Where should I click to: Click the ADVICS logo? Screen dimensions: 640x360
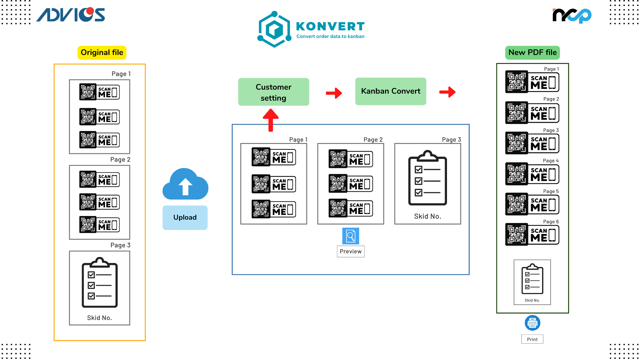[71, 15]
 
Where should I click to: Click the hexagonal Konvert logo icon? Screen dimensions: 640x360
[274, 29]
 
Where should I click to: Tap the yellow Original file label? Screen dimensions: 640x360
[102, 53]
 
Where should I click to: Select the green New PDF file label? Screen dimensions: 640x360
[532, 53]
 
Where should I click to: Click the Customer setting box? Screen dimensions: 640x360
[274, 92]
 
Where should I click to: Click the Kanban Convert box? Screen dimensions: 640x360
[391, 91]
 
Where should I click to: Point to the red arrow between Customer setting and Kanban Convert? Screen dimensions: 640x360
[334, 93]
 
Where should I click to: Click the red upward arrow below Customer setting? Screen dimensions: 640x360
[271, 120]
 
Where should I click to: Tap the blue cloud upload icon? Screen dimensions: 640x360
[185, 184]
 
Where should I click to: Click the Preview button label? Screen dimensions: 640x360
[351, 252]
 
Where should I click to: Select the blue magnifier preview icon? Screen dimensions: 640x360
[351, 236]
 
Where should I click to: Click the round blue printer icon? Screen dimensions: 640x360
[532, 323]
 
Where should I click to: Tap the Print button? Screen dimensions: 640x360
[532, 339]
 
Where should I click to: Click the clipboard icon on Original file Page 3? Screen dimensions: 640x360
[100, 282]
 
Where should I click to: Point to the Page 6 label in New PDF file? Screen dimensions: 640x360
[551, 222]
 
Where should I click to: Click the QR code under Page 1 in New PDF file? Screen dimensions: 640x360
[517, 82]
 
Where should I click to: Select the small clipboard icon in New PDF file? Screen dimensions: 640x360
[532, 279]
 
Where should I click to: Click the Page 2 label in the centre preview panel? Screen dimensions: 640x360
[373, 140]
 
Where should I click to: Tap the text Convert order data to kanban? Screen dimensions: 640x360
[330, 36]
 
